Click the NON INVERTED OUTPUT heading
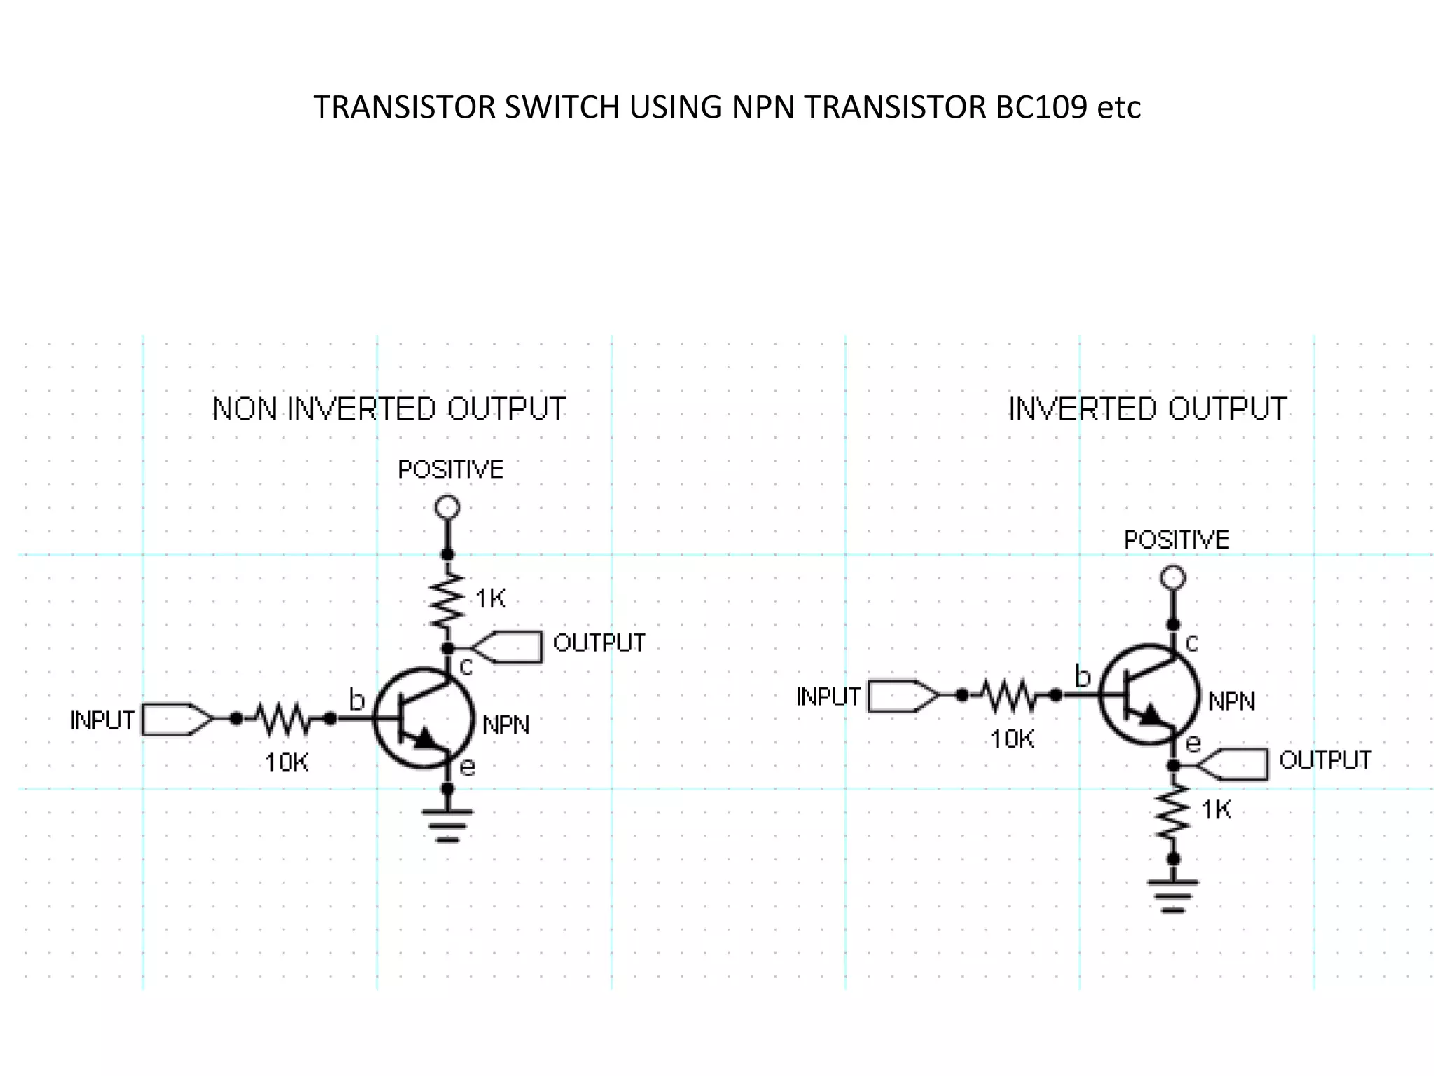click(389, 409)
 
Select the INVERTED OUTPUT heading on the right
click(1147, 409)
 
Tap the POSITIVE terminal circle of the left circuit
click(447, 507)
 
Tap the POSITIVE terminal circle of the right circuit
click(1173, 578)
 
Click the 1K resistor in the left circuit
click(447, 601)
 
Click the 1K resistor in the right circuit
click(1173, 812)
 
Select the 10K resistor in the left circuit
click(283, 719)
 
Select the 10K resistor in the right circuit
click(1009, 696)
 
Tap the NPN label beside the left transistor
click(506, 725)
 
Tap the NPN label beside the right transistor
click(1232, 701)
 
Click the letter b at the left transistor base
click(356, 700)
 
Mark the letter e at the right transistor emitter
click(1193, 743)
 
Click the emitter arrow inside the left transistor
click(425, 739)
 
